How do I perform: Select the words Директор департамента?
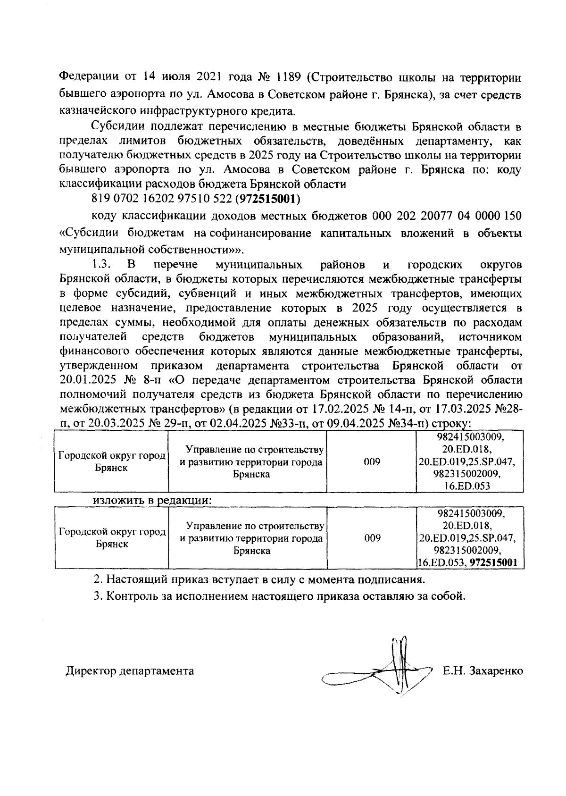coord(130,670)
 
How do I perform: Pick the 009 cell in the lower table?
coord(372,538)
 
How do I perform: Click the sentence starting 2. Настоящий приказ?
coord(259,578)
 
